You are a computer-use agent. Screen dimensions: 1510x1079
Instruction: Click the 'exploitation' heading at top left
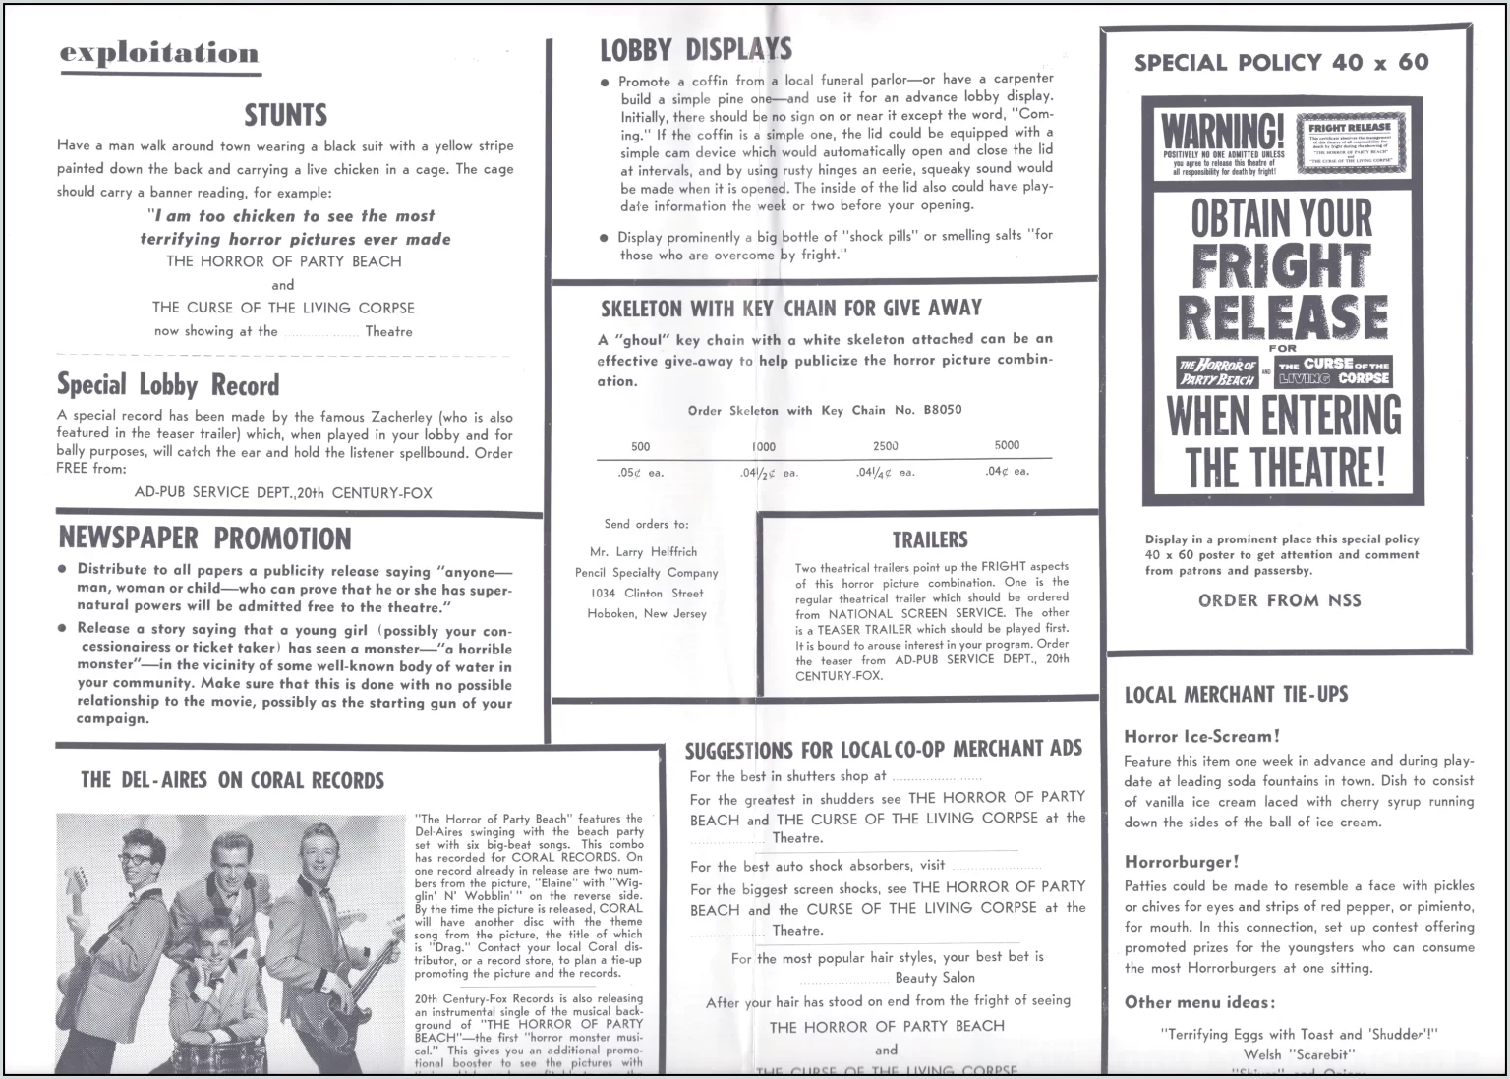[x=159, y=53]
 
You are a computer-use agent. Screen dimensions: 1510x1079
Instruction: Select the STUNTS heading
[x=285, y=115]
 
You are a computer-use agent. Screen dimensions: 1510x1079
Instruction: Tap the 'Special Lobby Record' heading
[x=168, y=384]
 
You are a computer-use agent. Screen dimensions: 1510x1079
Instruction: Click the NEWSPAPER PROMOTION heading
[x=204, y=539]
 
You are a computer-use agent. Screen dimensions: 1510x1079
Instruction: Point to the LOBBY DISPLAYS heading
[x=696, y=49]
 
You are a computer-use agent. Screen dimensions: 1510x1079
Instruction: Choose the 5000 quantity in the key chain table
[x=1007, y=445]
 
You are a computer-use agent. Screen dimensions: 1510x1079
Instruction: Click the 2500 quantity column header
[x=885, y=445]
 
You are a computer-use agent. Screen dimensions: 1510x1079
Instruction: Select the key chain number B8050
[x=942, y=410]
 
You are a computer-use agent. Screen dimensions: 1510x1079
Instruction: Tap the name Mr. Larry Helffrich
[x=643, y=552]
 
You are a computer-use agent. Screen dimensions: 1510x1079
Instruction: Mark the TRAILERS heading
[x=929, y=539]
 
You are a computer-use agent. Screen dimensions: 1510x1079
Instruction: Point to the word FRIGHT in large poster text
[x=1281, y=266]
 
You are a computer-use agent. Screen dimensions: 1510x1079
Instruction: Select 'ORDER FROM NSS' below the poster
[x=1279, y=600]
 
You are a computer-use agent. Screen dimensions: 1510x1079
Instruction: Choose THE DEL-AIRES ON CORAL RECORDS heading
[x=232, y=781]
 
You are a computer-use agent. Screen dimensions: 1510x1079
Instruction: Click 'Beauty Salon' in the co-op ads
[x=934, y=978]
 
